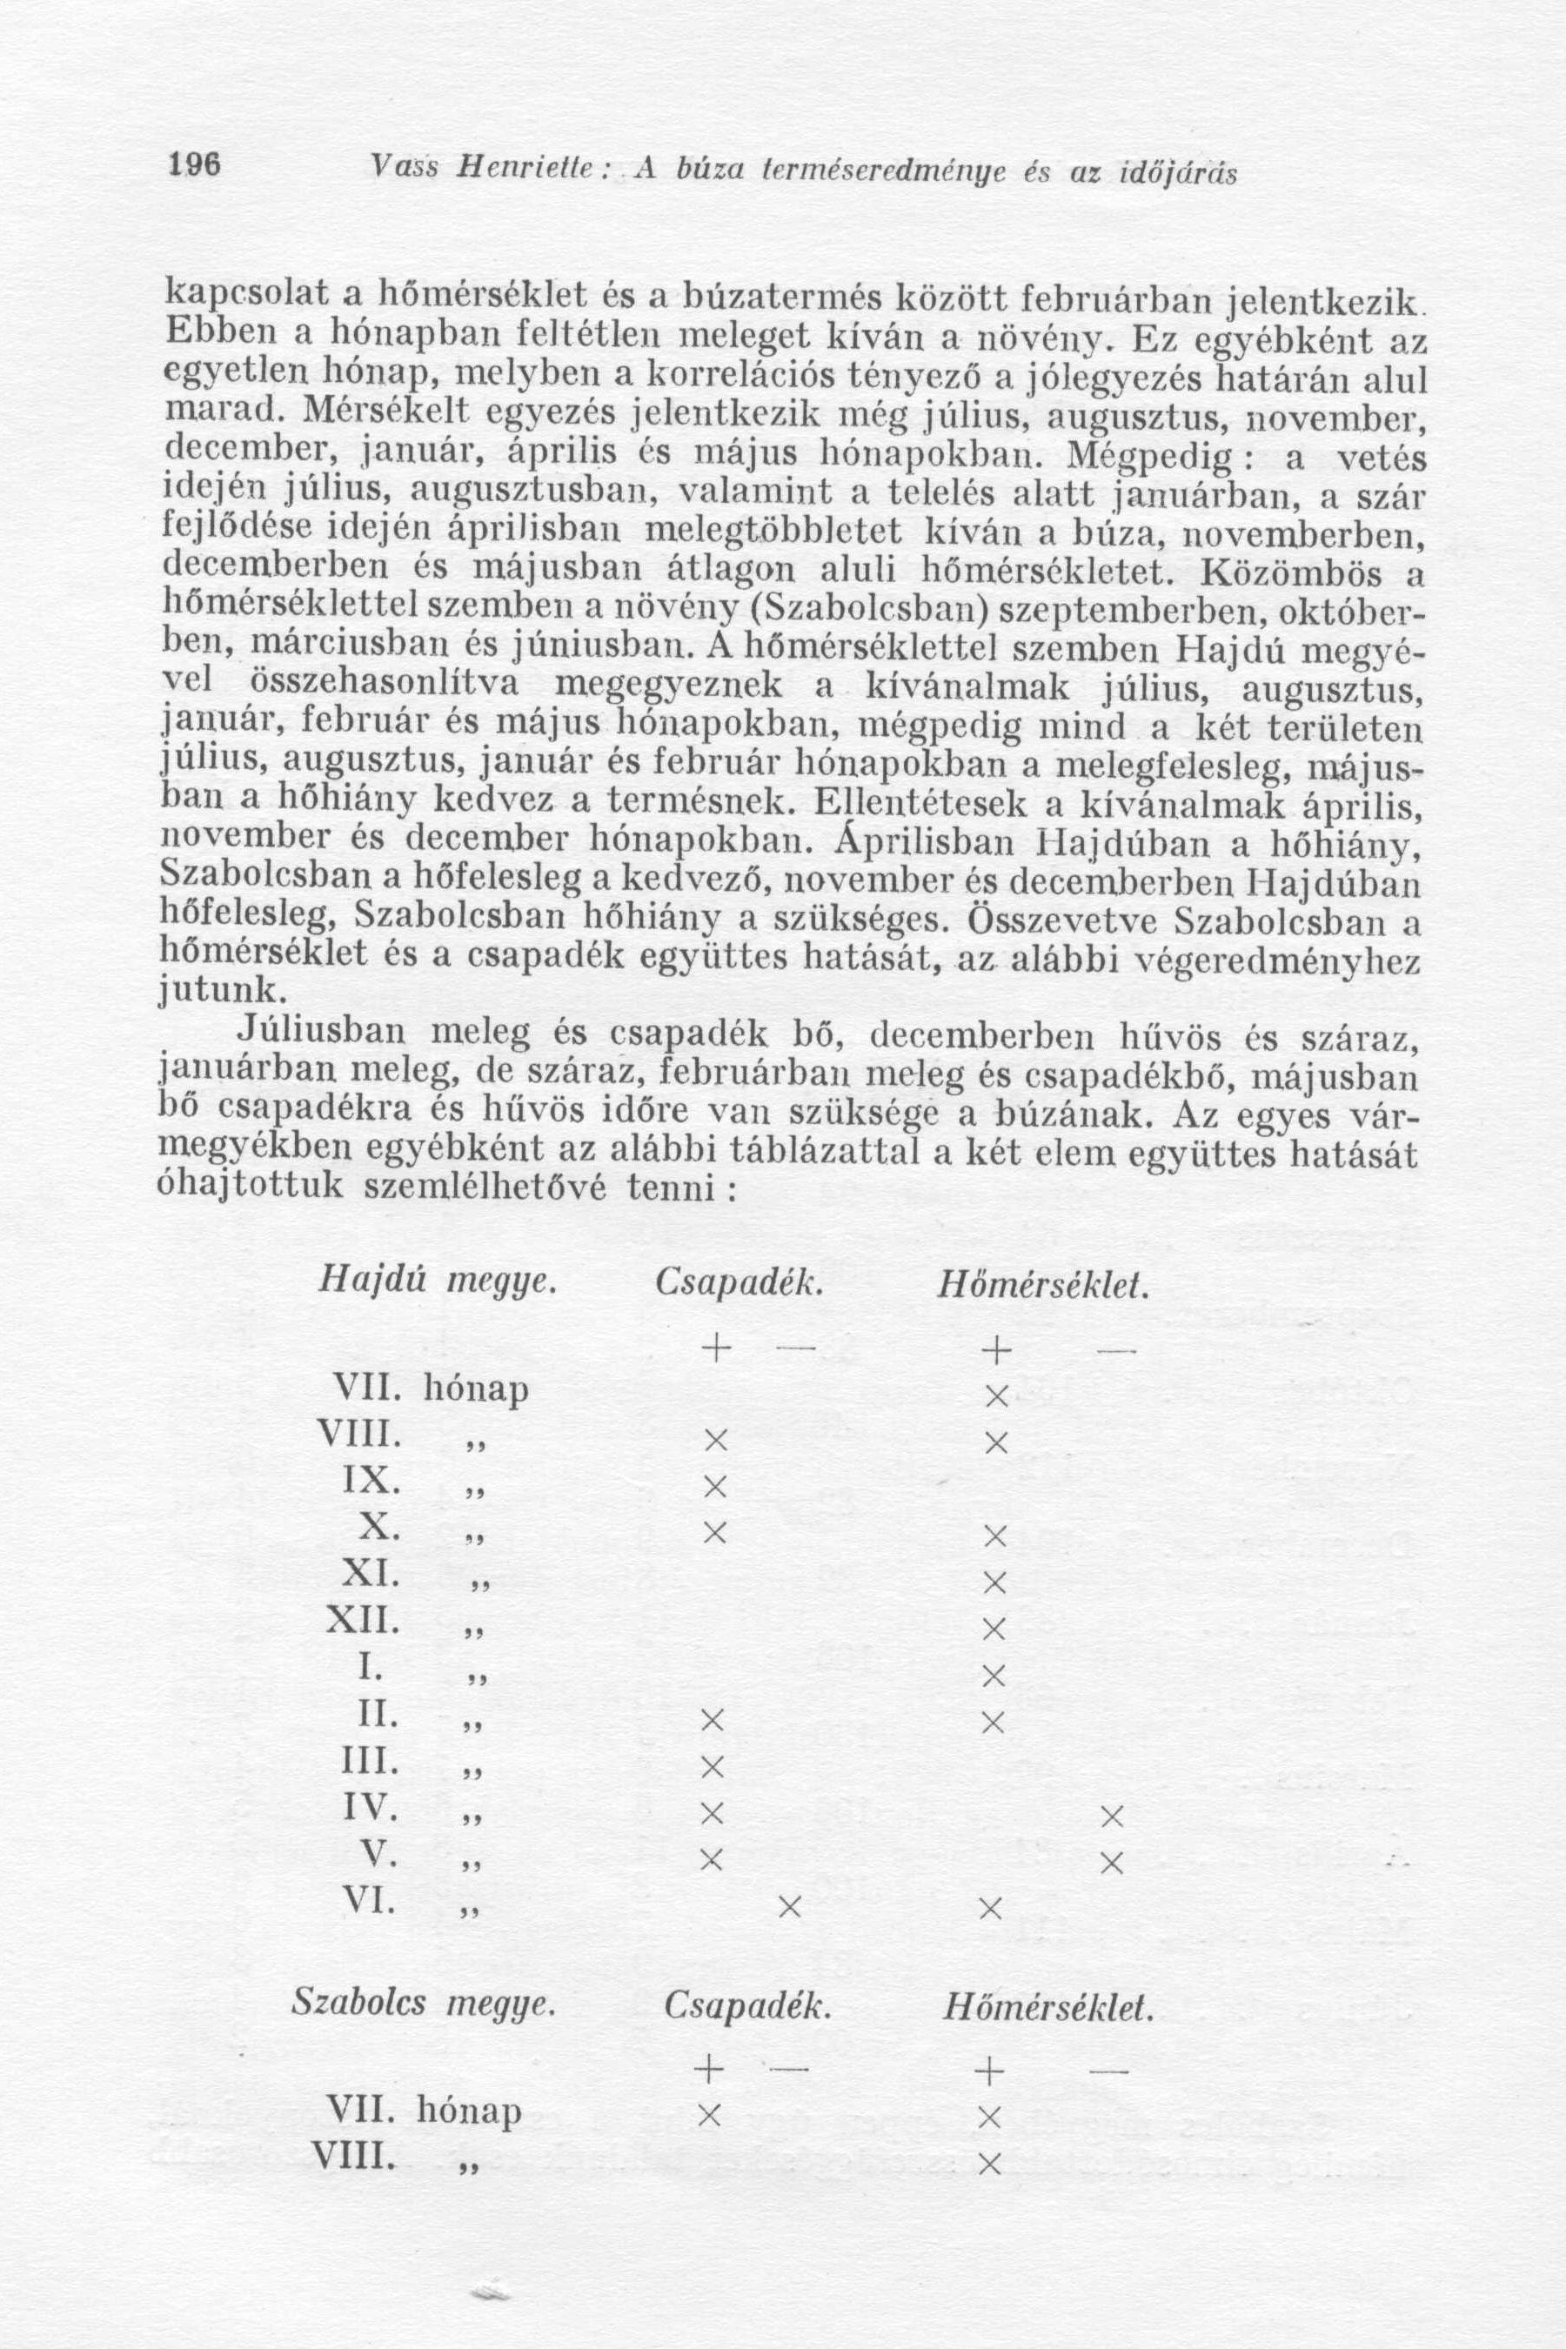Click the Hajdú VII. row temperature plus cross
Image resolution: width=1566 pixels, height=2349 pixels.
[x=994, y=1395]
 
